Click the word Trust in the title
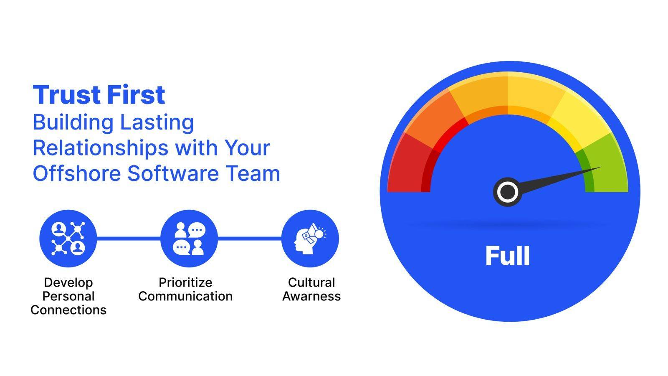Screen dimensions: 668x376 point(67,94)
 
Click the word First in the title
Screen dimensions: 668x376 point(136,94)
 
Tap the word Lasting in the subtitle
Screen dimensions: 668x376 point(157,123)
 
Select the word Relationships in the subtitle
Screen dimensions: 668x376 point(100,148)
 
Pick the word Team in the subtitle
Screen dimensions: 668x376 point(253,173)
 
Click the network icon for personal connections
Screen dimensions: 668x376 point(68,239)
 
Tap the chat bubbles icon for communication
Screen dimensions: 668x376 point(189,239)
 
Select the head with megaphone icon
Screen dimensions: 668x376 point(310,239)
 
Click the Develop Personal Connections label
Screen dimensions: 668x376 point(68,296)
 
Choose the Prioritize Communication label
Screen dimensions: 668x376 point(185,289)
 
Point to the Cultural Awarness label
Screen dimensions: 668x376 point(311,289)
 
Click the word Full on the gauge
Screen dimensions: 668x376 point(508,256)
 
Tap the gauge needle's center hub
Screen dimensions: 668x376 point(508,192)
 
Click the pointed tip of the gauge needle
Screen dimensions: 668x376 point(601,167)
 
